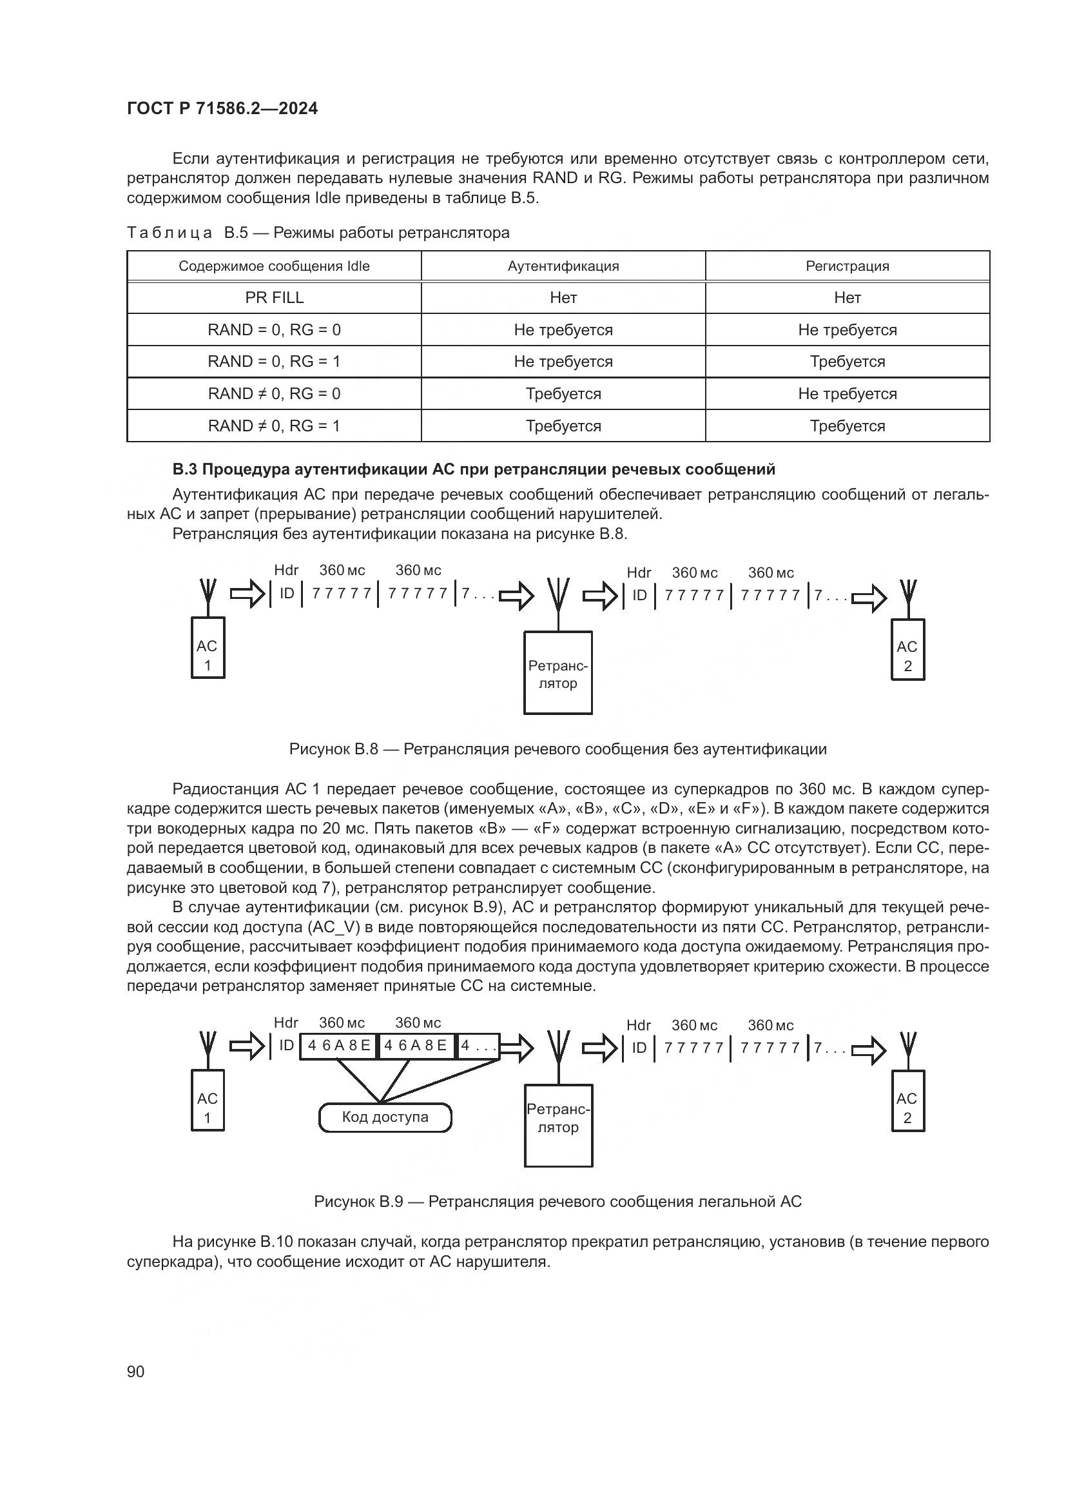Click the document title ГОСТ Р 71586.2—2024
coord(222,108)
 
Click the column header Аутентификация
coord(563,266)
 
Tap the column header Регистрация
coord(847,266)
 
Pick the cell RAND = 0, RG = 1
coord(274,361)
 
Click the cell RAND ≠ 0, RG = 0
coord(274,393)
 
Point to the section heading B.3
coord(473,469)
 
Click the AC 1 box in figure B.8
coord(208,647)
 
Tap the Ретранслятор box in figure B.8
coord(557,672)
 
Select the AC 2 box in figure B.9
coord(907,1108)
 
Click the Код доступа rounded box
coord(385,1117)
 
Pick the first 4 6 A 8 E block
coord(339,1046)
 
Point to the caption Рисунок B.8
coord(557,749)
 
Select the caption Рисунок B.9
coord(557,1201)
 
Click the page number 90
coord(136,1371)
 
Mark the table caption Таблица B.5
coord(318,233)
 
